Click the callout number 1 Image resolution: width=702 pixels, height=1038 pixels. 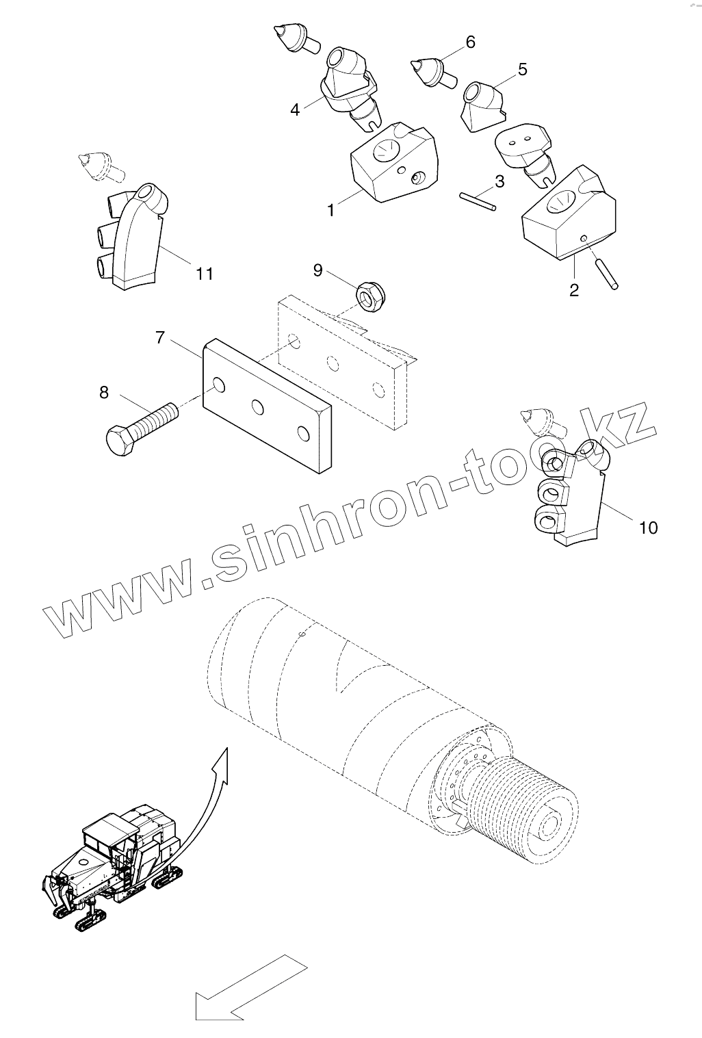click(x=331, y=210)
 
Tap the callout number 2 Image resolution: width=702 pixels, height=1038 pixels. click(x=573, y=290)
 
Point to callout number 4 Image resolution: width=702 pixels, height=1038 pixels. click(x=295, y=109)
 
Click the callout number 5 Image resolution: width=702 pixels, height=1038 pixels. click(x=522, y=69)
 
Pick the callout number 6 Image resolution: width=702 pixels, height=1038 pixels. click(x=470, y=42)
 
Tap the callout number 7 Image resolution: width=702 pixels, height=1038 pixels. click(x=160, y=337)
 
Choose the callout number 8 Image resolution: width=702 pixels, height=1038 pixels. click(x=104, y=392)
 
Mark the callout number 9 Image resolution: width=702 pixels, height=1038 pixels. click(x=317, y=270)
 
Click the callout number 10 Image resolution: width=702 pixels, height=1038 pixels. click(x=647, y=528)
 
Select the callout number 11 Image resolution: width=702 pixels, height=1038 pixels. click(x=204, y=274)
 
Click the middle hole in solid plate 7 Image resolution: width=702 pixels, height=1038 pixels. click(x=257, y=407)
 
